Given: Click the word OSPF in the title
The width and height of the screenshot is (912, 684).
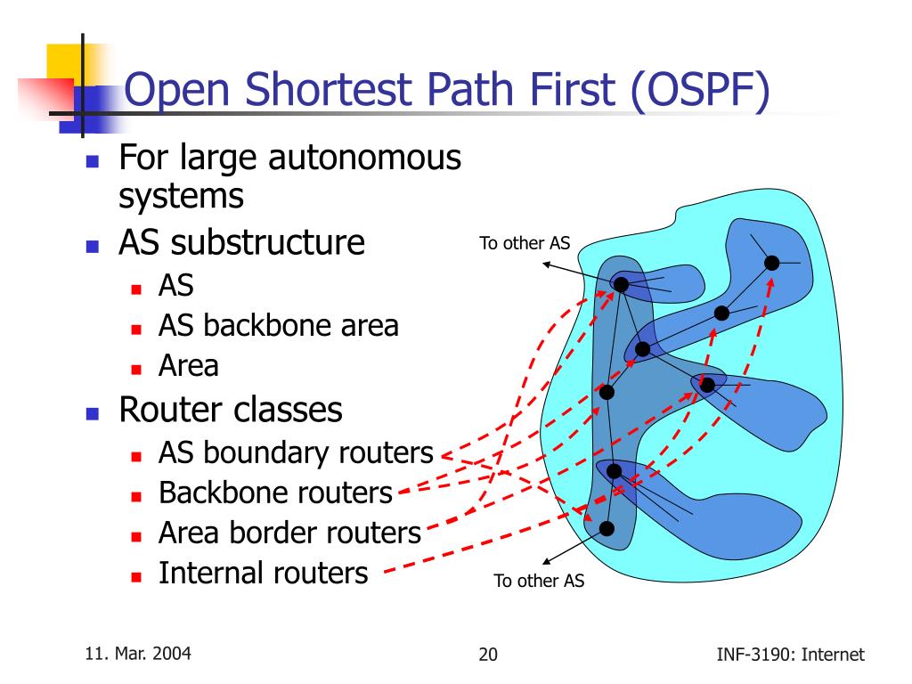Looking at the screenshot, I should [698, 93].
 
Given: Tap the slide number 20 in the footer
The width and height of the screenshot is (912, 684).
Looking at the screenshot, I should [488, 655].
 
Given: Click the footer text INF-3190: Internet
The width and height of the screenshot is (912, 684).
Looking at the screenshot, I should [790, 655].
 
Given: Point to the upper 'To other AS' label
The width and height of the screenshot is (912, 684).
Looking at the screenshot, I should [525, 243].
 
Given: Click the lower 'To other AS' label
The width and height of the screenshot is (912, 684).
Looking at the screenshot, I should [539, 582].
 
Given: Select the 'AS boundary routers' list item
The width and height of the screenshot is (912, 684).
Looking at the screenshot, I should [295, 453].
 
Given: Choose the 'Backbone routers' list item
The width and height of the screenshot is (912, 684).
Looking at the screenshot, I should [275, 492].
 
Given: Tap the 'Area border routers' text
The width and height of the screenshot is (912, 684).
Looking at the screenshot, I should [289, 533].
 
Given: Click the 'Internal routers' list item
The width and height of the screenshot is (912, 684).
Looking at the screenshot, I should [263, 573].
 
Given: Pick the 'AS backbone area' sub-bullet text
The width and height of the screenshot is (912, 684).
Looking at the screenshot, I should [278, 326].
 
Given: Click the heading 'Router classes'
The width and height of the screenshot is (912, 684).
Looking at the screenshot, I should [231, 410].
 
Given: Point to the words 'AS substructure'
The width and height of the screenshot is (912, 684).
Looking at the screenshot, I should [241, 242].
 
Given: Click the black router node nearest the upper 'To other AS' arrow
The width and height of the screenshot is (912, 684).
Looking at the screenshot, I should [621, 284].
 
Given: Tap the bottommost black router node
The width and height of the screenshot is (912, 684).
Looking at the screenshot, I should [607, 528].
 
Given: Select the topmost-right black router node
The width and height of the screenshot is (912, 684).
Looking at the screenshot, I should [771, 262].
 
